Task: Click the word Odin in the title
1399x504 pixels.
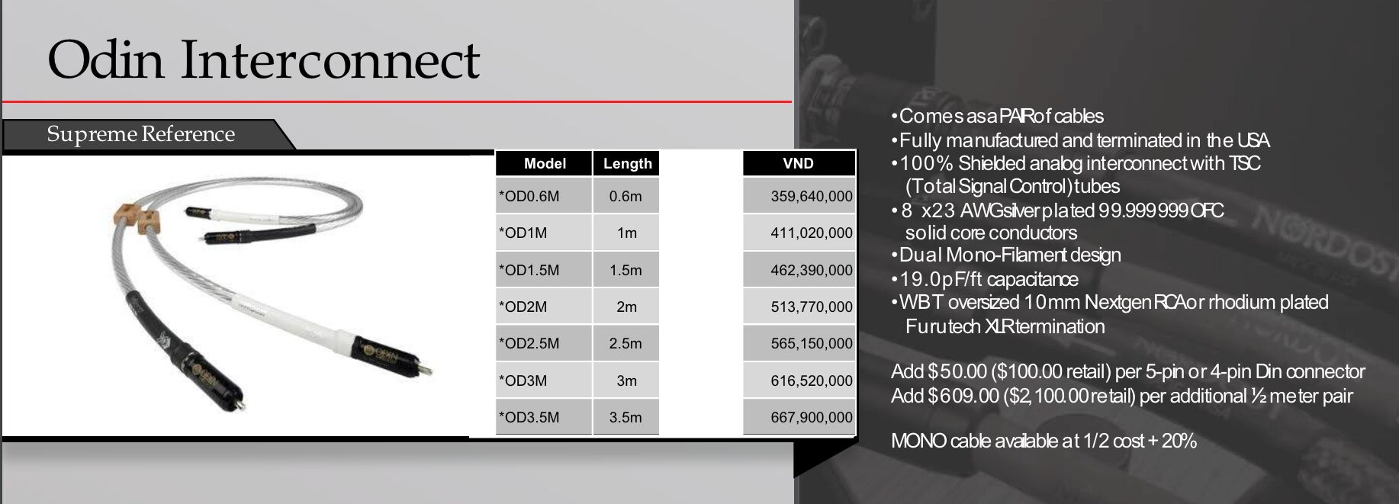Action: (106, 60)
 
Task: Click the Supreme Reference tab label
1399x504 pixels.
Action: (141, 134)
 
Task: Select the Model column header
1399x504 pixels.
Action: (545, 163)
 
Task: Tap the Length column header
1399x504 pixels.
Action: (627, 163)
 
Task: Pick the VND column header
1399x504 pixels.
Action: (798, 163)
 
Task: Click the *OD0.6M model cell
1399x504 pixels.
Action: (529, 196)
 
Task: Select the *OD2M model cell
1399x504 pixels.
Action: (523, 307)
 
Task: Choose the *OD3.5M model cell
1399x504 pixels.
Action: (529, 417)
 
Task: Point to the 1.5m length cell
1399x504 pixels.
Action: (626, 270)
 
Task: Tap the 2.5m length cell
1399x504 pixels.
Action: (626, 343)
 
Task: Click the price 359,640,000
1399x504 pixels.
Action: (812, 196)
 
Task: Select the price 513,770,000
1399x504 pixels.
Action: (812, 307)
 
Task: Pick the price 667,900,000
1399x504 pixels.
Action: (812, 417)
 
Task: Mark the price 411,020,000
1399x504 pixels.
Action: (812, 233)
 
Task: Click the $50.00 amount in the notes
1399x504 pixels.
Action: (957, 371)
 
